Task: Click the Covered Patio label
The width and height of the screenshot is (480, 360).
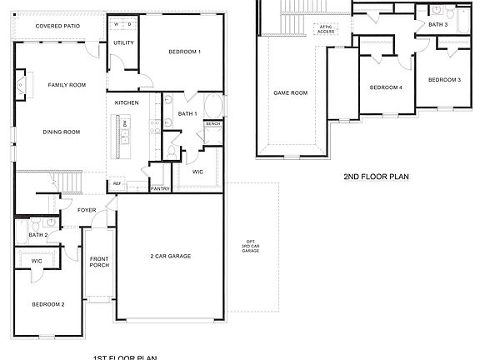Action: pyautogui.click(x=57, y=27)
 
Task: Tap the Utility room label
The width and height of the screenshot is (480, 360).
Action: pyautogui.click(x=123, y=42)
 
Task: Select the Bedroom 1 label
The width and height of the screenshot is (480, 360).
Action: pyautogui.click(x=184, y=52)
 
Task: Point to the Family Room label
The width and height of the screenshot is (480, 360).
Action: pyautogui.click(x=67, y=85)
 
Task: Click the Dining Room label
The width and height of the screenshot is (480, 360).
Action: pyautogui.click(x=61, y=132)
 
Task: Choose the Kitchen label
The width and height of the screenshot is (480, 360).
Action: pyautogui.click(x=127, y=102)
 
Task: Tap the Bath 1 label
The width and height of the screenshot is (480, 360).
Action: pyautogui.click(x=187, y=113)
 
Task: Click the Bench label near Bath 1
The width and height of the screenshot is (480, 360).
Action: pyautogui.click(x=212, y=123)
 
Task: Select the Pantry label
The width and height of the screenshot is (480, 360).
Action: pyautogui.click(x=160, y=189)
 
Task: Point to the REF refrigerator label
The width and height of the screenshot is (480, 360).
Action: pyautogui.click(x=117, y=183)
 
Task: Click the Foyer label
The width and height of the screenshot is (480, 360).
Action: pyautogui.click(x=87, y=210)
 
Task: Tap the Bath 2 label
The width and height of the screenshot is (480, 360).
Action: pyautogui.click(x=38, y=235)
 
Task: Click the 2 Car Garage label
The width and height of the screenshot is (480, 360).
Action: pyautogui.click(x=171, y=256)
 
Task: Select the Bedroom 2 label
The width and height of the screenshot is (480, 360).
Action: pyautogui.click(x=48, y=304)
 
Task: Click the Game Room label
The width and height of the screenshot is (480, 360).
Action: pyautogui.click(x=291, y=92)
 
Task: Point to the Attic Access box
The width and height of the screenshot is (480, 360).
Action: pyautogui.click(x=324, y=28)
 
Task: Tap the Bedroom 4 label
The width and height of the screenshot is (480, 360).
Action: pyautogui.click(x=386, y=87)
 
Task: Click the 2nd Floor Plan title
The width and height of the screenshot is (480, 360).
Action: pyautogui.click(x=376, y=177)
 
